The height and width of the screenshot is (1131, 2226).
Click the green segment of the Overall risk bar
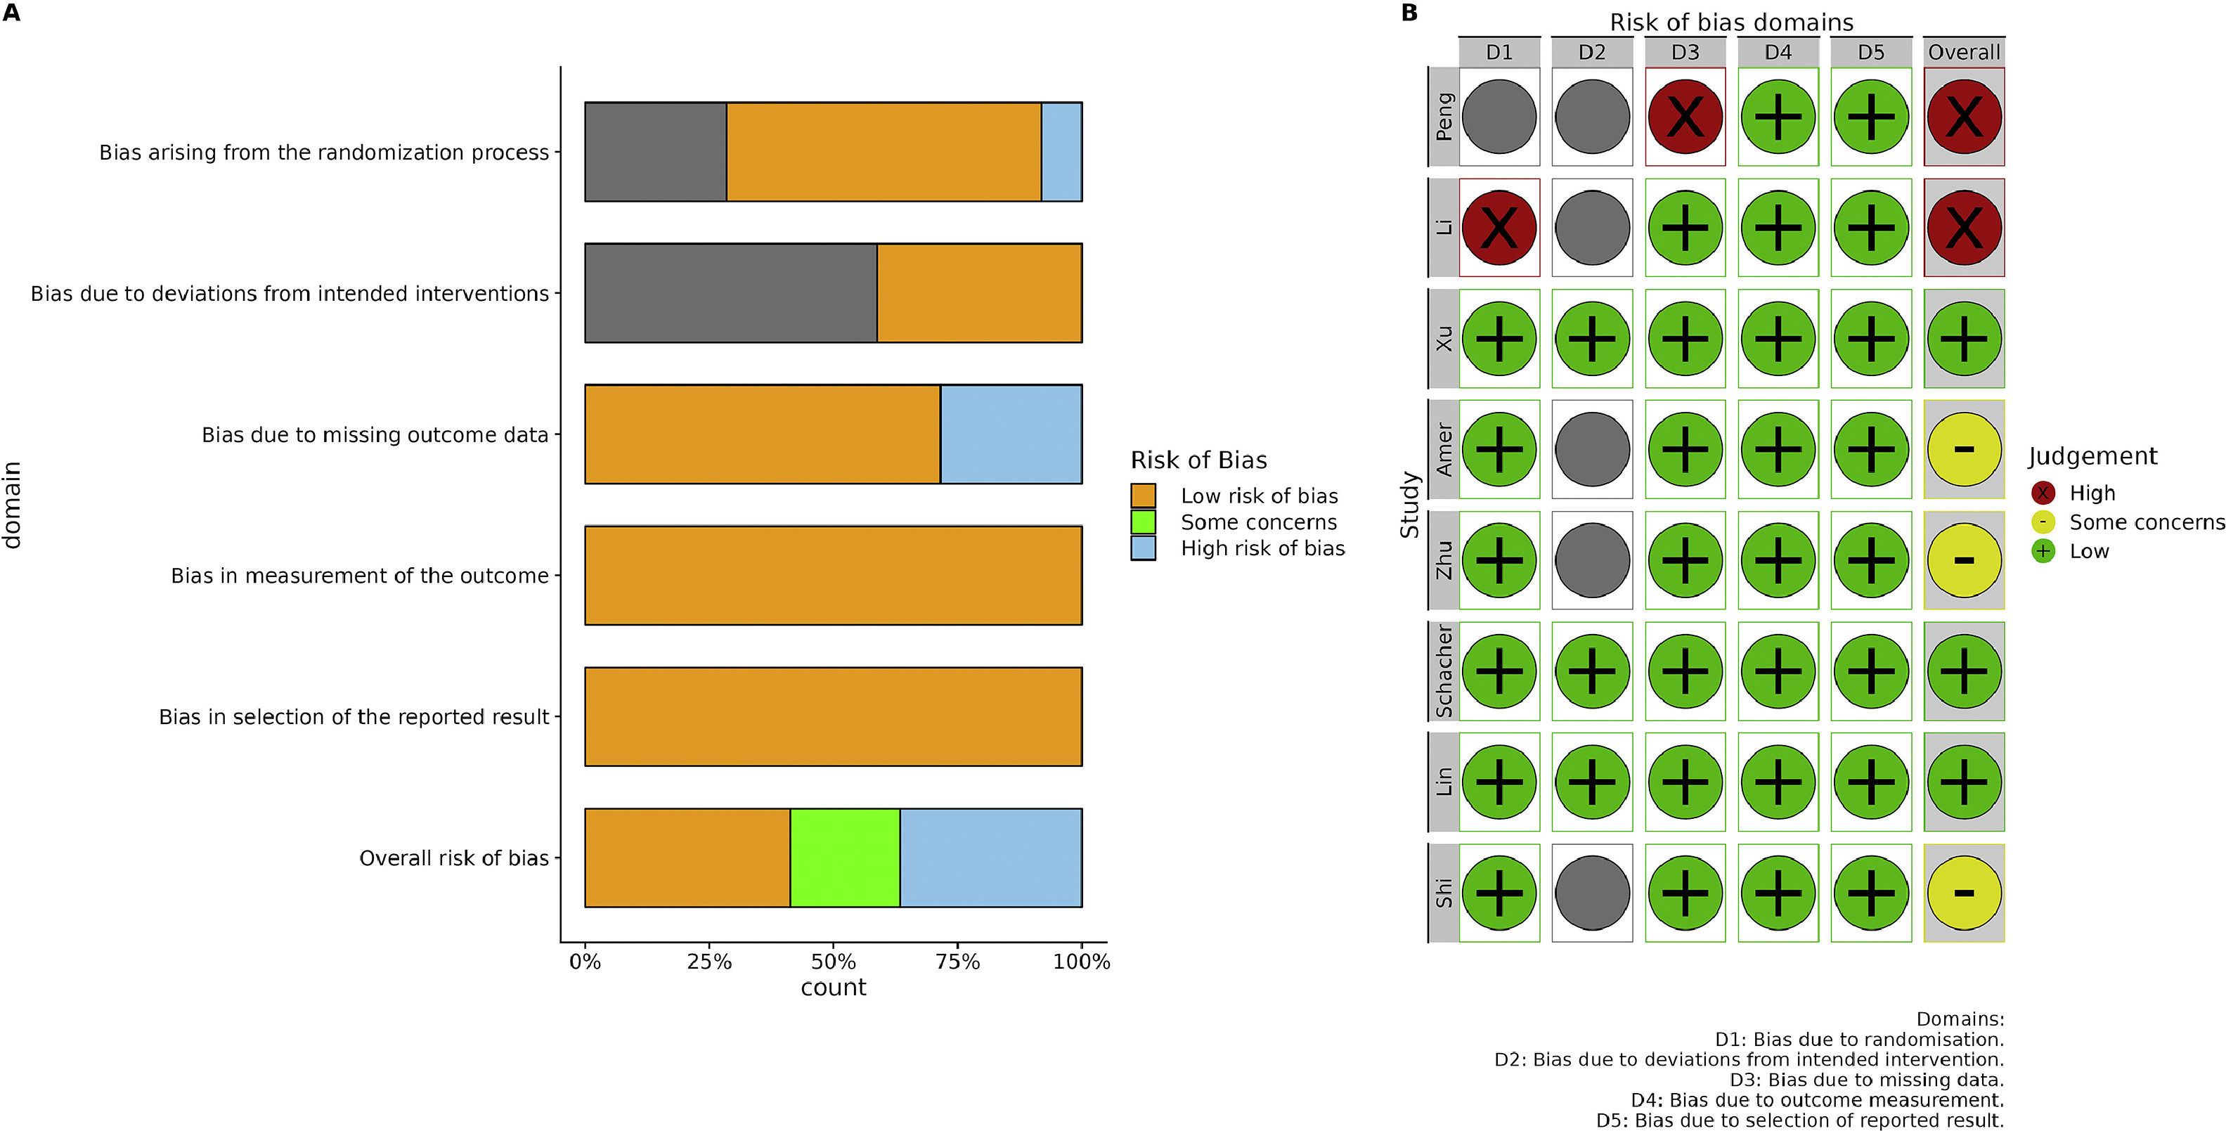click(x=844, y=858)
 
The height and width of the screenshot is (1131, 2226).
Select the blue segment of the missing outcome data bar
click(x=1010, y=434)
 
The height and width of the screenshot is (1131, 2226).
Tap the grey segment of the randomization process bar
click(x=655, y=152)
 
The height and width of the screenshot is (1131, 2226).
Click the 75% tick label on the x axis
click(x=957, y=962)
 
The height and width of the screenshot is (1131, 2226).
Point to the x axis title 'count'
click(x=833, y=988)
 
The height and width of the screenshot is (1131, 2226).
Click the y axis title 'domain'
click(x=12, y=505)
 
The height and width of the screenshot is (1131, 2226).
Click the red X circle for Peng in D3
click(x=1685, y=117)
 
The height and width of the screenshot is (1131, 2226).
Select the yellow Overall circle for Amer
click(x=1963, y=449)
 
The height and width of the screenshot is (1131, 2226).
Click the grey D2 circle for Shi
click(x=1592, y=893)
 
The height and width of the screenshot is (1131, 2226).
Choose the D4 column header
click(x=1778, y=53)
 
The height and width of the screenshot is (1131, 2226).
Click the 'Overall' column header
click(x=1963, y=53)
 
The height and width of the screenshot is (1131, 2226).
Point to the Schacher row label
click(x=1443, y=671)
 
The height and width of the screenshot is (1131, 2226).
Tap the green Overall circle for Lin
click(x=1963, y=782)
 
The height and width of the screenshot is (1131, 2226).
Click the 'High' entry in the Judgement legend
click(x=2090, y=493)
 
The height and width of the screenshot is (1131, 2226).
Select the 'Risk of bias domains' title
click(x=1731, y=22)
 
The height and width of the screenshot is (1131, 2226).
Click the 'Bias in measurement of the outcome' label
click(x=359, y=576)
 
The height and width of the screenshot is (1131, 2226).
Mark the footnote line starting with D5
click(x=1799, y=1120)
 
